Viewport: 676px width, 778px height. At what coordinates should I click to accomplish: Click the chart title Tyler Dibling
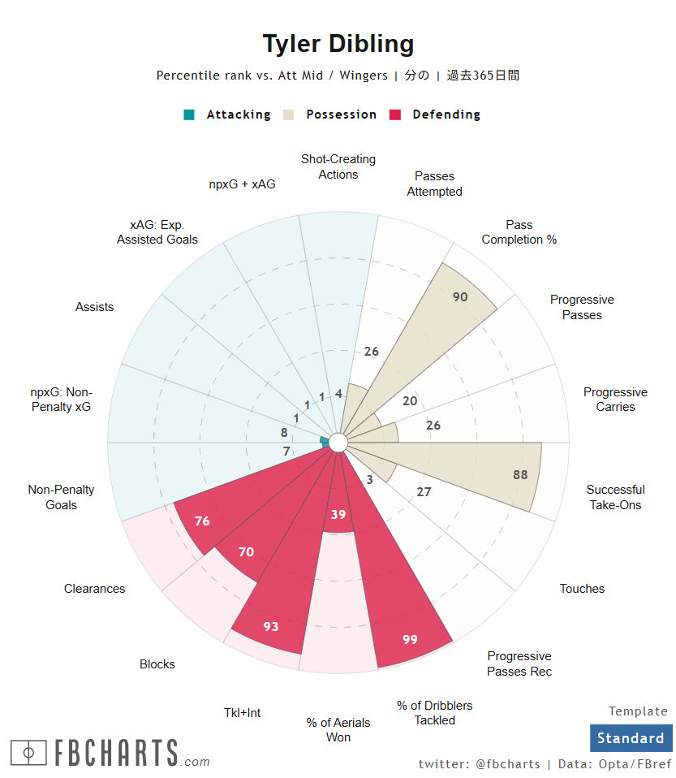tap(338, 44)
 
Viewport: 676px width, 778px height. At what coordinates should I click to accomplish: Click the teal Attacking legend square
tap(189, 115)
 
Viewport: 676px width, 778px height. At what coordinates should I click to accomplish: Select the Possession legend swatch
tap(288, 115)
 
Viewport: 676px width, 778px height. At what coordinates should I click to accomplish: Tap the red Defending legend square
tap(396, 115)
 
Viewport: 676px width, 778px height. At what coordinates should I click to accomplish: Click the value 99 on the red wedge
tap(410, 640)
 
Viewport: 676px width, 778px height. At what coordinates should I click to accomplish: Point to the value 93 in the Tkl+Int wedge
tap(271, 626)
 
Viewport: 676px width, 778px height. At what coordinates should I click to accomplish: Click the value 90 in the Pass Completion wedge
tap(460, 297)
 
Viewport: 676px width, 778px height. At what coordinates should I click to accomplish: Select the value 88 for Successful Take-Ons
tap(520, 475)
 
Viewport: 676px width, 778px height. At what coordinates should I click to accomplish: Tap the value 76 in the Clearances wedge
tap(202, 521)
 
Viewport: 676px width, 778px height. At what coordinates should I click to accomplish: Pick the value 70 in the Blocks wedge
tap(246, 552)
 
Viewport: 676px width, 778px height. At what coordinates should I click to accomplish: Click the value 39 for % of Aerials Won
tap(338, 514)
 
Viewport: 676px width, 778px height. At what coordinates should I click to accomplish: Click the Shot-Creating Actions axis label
tap(338, 166)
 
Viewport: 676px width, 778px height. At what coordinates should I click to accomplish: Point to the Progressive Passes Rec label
tap(519, 663)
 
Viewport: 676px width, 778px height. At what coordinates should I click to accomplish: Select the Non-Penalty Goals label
tap(62, 497)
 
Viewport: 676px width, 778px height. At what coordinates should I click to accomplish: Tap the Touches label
tap(582, 589)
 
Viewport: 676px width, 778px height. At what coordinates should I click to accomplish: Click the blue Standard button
tap(631, 738)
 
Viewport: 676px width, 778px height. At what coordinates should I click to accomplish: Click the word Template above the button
tap(638, 711)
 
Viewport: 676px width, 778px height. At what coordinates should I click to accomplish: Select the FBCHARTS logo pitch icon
tap(28, 753)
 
